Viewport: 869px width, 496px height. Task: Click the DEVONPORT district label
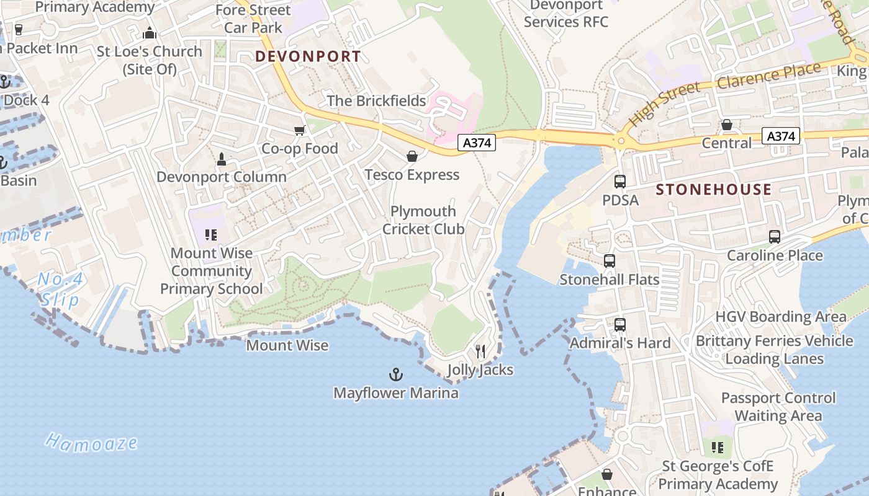pyautogui.click(x=308, y=56)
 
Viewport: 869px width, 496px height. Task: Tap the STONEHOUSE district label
pyautogui.click(x=714, y=190)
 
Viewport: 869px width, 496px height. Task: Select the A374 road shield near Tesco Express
pyautogui.click(x=477, y=143)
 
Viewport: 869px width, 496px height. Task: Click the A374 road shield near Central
pyautogui.click(x=781, y=136)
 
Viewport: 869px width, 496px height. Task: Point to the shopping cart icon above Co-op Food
pyautogui.click(x=300, y=130)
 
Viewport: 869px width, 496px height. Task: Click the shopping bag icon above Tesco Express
pyautogui.click(x=412, y=156)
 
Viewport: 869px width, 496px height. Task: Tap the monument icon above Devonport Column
pyautogui.click(x=222, y=159)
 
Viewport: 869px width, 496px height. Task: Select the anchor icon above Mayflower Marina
pyautogui.click(x=395, y=374)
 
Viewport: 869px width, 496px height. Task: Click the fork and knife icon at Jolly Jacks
pyautogui.click(x=480, y=352)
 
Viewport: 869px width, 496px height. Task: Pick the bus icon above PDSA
pyautogui.click(x=619, y=182)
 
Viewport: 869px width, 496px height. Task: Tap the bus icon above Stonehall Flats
pyautogui.click(x=610, y=261)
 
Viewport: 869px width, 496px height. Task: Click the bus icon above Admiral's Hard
pyautogui.click(x=619, y=324)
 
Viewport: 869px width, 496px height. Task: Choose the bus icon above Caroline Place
pyautogui.click(x=775, y=237)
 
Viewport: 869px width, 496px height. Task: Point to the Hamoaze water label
pyautogui.click(x=91, y=442)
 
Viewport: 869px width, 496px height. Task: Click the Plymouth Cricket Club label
pyautogui.click(x=423, y=220)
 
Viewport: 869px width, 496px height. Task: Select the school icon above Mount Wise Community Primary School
pyautogui.click(x=211, y=235)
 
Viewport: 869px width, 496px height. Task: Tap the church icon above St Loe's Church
pyautogui.click(x=150, y=33)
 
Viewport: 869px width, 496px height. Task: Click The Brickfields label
pyautogui.click(x=376, y=100)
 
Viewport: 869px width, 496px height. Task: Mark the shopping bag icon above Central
pyautogui.click(x=727, y=125)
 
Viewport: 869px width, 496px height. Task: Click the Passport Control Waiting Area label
pyautogui.click(x=778, y=407)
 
